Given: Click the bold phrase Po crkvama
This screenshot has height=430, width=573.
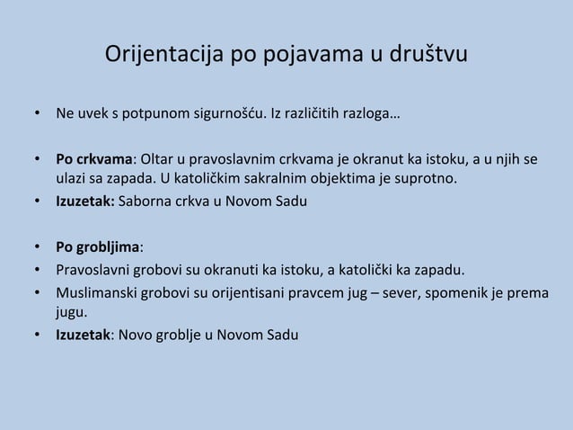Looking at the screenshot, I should coord(94,160).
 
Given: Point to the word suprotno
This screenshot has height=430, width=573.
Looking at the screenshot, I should coord(426,179).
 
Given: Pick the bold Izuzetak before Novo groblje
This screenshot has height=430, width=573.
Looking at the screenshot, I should coord(82,336).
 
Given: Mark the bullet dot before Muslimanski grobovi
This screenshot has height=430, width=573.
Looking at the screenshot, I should coord(37,292).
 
